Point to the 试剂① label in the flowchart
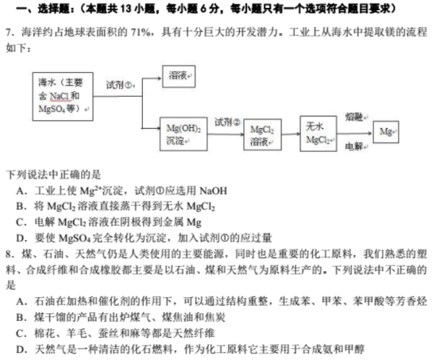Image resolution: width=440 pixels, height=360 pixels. pos(119,85)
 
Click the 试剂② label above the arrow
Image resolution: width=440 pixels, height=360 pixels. pos(227,122)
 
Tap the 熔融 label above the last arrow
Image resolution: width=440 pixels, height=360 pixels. pos(354,117)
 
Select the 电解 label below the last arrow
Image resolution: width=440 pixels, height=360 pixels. pos(354,146)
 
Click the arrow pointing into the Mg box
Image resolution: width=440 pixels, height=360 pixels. pos(355,134)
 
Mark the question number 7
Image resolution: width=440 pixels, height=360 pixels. pos(9,33)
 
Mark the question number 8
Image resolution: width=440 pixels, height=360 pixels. pos(9,254)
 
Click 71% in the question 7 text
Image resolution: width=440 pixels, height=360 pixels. pos(140,33)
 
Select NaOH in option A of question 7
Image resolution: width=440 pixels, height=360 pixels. pos(214,192)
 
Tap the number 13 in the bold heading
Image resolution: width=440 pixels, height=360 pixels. pos(125,9)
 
